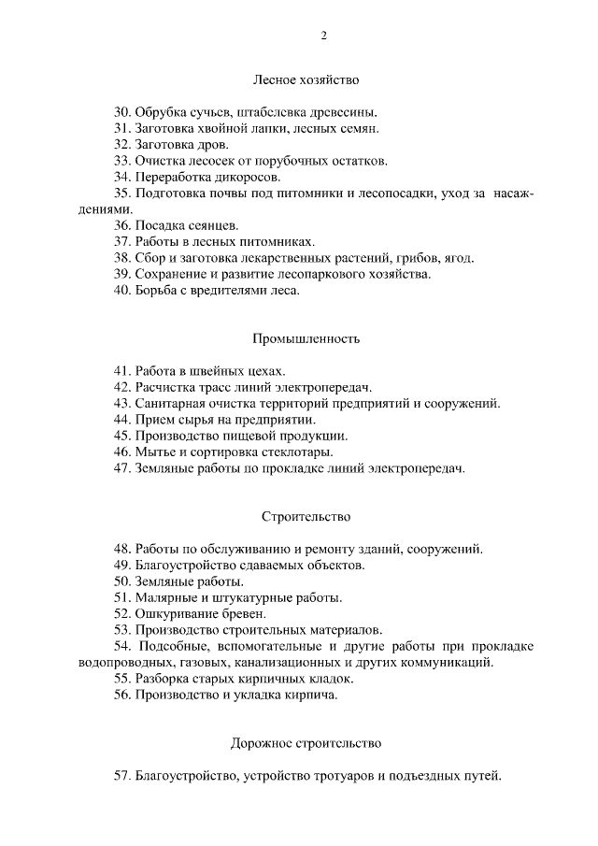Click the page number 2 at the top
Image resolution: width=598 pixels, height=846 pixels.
(324, 36)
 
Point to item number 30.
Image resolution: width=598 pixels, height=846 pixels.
(122, 111)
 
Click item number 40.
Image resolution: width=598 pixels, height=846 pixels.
(122, 291)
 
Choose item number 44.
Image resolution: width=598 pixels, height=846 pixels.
(122, 419)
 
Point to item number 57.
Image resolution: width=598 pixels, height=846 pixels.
(122, 776)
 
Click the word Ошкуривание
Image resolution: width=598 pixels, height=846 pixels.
(177, 614)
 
